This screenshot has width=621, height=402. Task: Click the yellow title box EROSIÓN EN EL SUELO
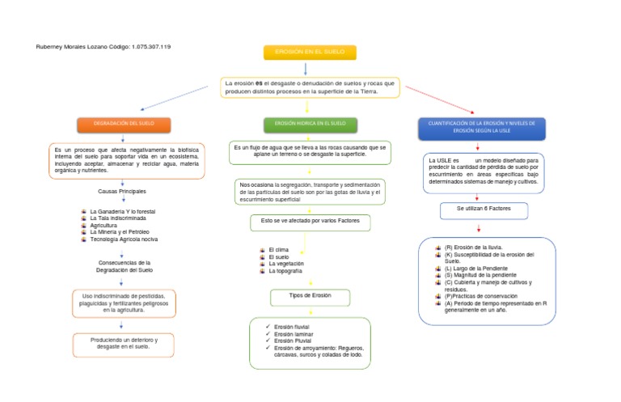pos(310,53)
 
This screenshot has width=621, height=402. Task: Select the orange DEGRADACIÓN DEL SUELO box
pos(125,125)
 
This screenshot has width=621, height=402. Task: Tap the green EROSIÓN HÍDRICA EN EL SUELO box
pos(310,125)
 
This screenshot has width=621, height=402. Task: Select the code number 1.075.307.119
pos(151,47)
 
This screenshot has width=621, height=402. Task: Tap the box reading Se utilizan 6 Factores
pos(484,210)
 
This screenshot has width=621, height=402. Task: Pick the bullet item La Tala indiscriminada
pos(118,218)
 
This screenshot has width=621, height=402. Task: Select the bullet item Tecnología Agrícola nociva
pos(124,239)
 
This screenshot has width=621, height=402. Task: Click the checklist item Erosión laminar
pos(294,333)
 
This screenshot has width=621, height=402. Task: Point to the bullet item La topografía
pos(285,271)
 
